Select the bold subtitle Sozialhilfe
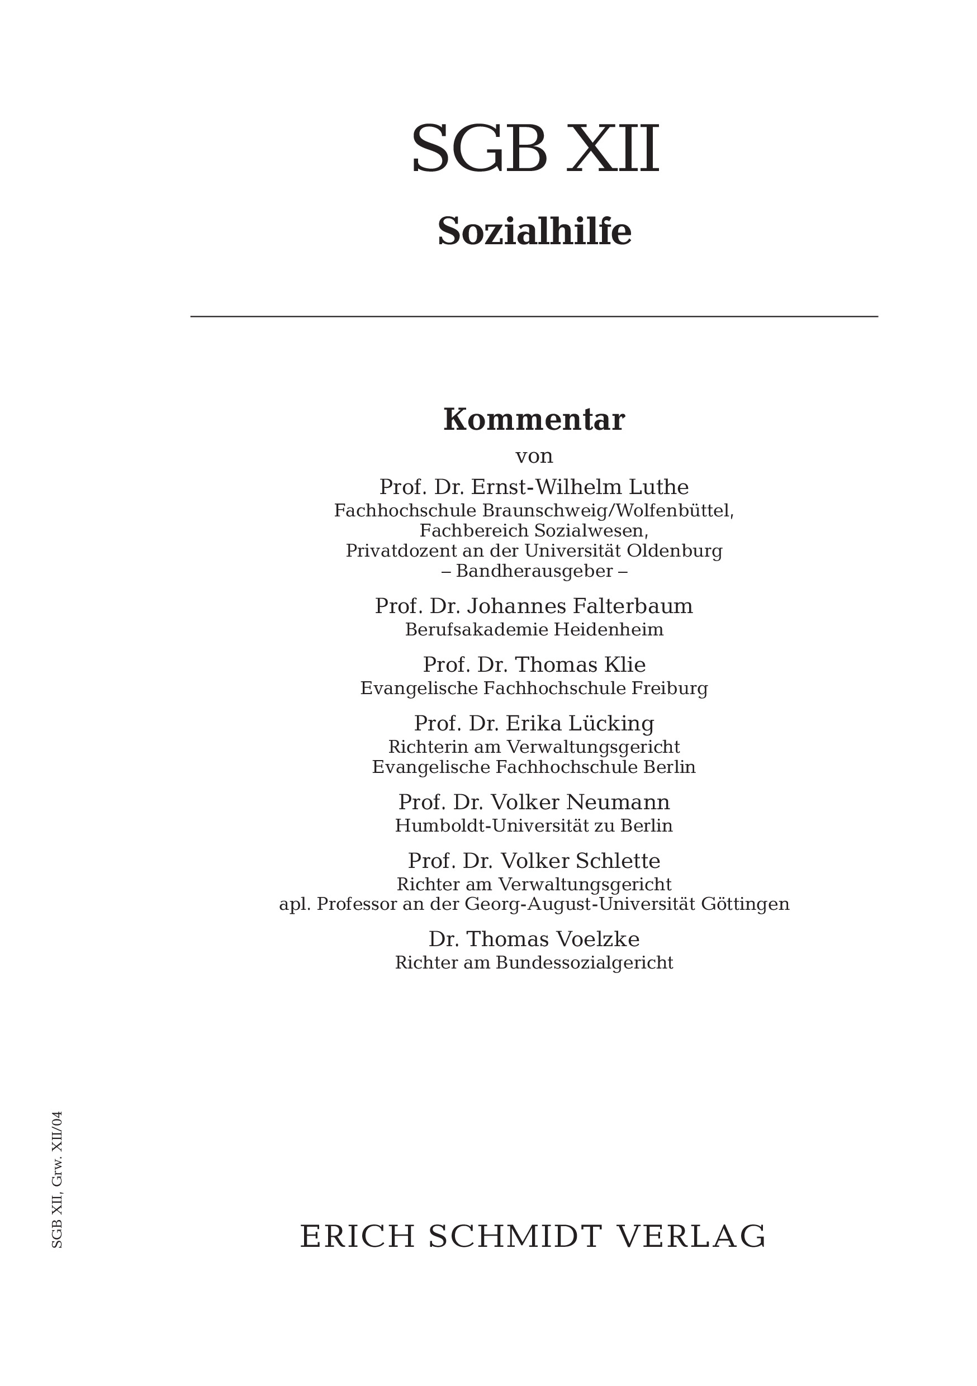(534, 231)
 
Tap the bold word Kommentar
(534, 420)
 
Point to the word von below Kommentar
(534, 456)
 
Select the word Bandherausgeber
(534, 571)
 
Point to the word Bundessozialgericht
(584, 963)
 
